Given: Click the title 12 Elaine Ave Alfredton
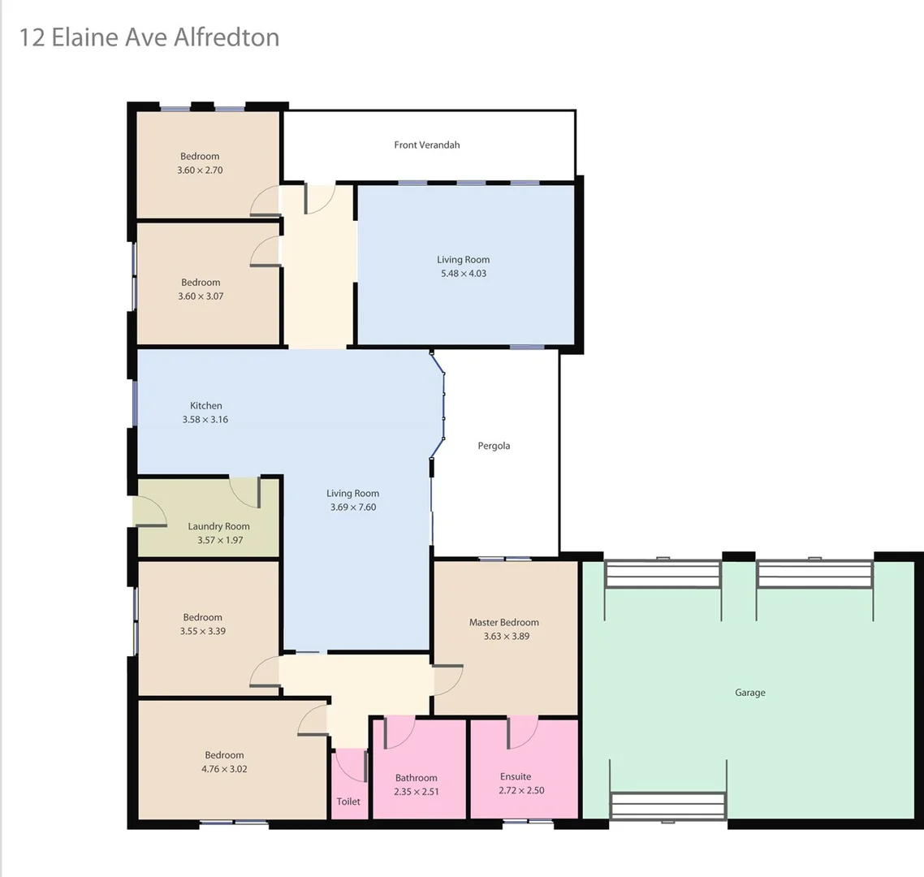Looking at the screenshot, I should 149,37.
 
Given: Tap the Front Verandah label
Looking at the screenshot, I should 427,145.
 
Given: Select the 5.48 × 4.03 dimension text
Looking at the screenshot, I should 464,274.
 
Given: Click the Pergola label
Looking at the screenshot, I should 494,446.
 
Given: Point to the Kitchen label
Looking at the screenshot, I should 206,406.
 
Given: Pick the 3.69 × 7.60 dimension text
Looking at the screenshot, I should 353,508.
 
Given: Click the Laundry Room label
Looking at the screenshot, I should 219,526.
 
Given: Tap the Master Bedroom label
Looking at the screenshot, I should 504,623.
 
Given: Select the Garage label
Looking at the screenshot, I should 750,693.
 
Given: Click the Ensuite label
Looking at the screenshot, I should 516,777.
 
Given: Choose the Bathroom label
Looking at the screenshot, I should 417,778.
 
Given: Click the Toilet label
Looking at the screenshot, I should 348,801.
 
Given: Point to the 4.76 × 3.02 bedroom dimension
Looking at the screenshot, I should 224,769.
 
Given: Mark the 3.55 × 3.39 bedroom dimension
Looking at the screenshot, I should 203,631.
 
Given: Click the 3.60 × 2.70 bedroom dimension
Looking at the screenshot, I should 200,171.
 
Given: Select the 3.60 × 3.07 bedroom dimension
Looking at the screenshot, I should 201,296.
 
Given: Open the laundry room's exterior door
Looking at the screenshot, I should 149,512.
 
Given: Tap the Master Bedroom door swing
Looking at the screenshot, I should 448,680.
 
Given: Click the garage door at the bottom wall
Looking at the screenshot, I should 667,806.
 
